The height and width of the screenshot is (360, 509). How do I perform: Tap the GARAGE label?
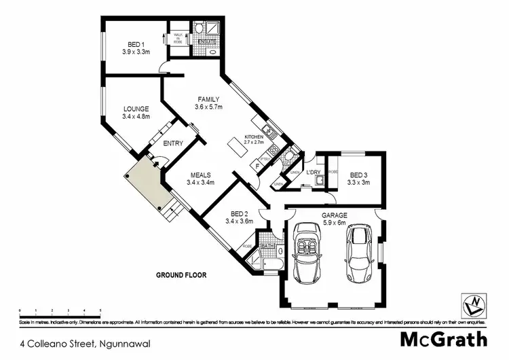point(333,216)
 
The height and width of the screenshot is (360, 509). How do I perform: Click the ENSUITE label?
point(207,41)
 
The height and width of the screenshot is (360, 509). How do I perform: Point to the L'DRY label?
point(313,173)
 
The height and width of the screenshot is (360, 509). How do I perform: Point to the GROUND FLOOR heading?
point(181,275)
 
